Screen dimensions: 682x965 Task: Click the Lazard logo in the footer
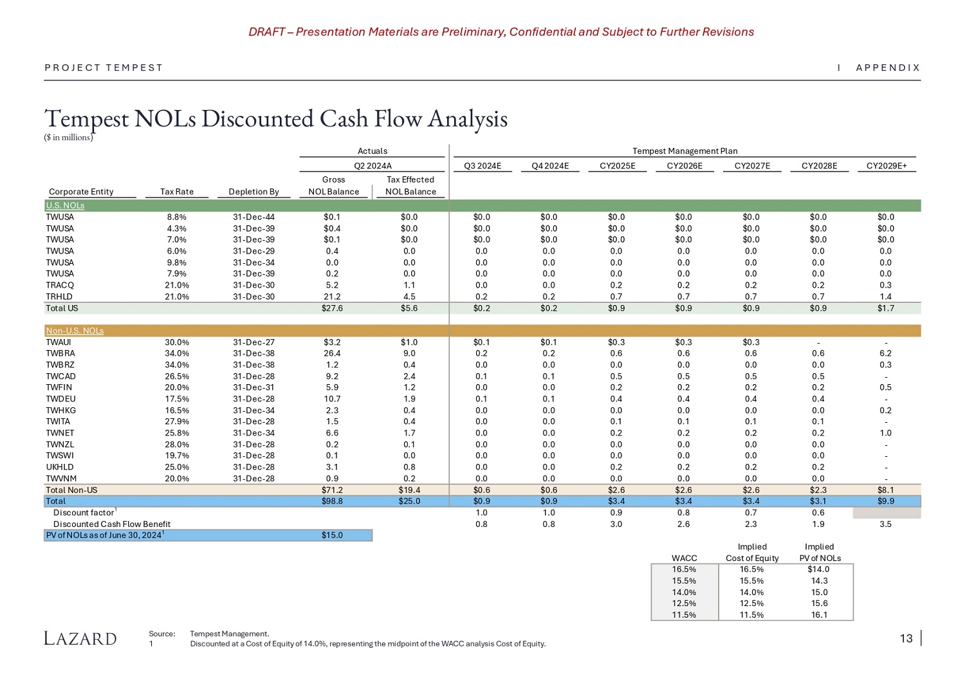(80, 638)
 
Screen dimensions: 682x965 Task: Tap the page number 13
(906, 638)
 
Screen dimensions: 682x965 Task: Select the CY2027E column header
(752, 166)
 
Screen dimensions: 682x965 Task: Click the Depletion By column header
(253, 192)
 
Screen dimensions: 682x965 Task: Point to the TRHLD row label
(59, 297)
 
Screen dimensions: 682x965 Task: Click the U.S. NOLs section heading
(65, 206)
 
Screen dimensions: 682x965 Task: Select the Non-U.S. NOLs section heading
(75, 331)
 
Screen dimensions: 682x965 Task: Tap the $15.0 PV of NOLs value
(332, 535)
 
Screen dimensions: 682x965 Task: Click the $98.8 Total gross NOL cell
(332, 501)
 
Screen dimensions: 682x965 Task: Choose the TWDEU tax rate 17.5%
(177, 399)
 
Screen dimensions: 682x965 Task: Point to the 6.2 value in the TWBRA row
(885, 353)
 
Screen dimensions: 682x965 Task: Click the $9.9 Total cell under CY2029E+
(885, 501)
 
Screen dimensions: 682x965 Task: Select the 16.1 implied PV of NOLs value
(819, 615)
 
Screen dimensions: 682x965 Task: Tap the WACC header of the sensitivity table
(684, 558)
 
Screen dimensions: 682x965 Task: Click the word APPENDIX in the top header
(888, 68)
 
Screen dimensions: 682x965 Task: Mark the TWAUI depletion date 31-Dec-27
(253, 342)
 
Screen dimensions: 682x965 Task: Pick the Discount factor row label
(84, 513)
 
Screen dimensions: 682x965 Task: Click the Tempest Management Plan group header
(685, 151)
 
